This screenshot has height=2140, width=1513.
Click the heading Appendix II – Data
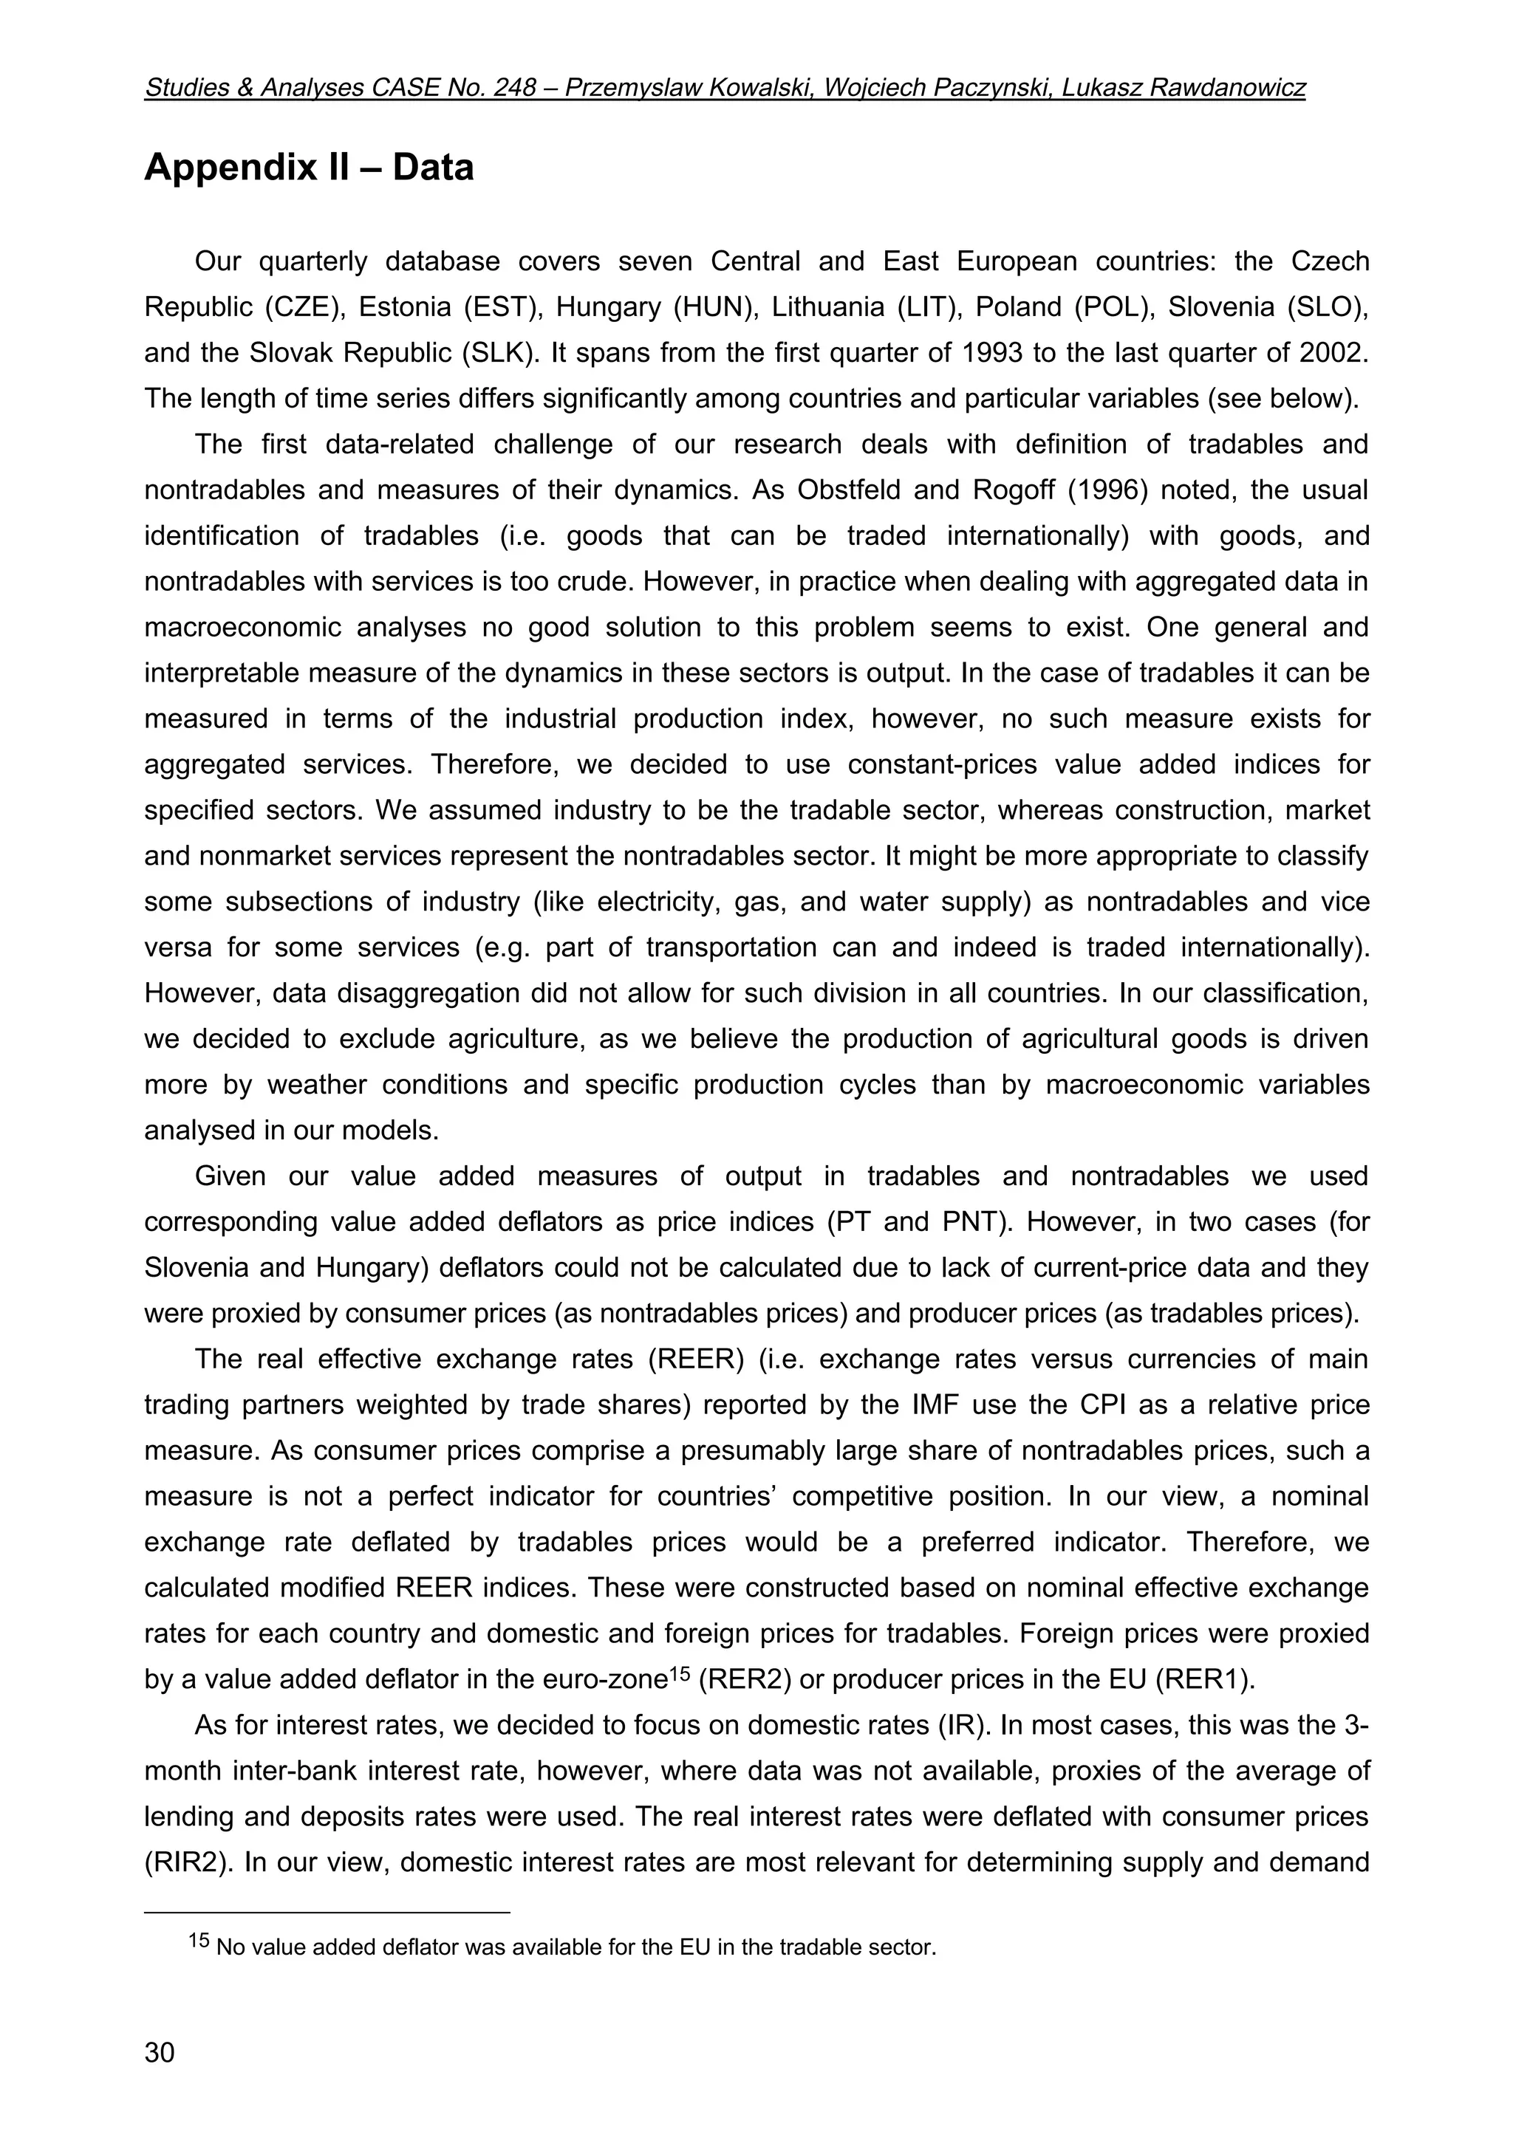[309, 168]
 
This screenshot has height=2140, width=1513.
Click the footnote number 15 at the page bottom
[199, 1940]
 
